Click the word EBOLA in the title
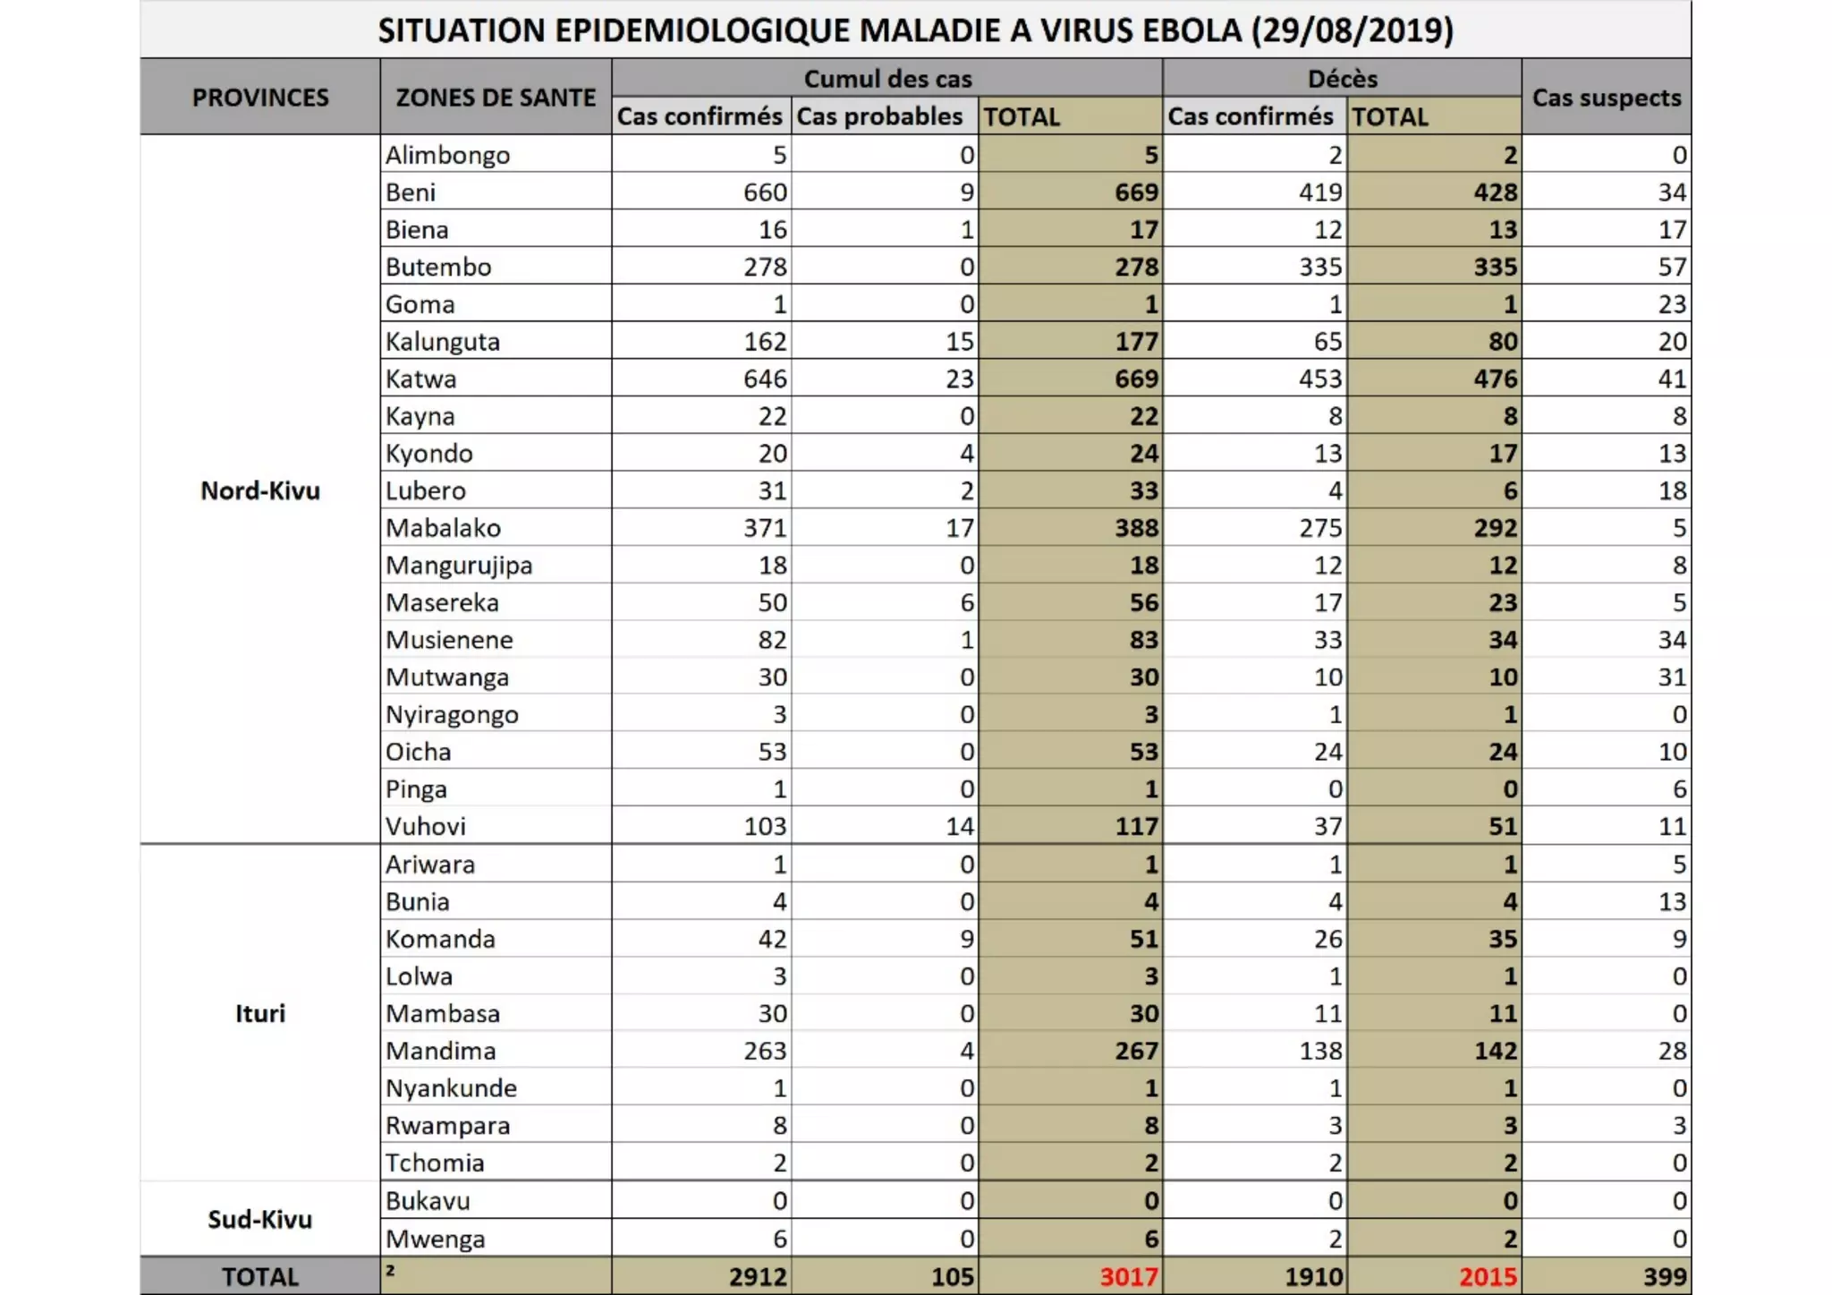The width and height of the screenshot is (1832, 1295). (1183, 30)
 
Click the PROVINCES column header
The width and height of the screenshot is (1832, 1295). (259, 98)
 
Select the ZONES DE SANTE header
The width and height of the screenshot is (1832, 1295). (496, 98)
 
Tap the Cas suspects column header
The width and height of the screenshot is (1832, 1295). (1606, 98)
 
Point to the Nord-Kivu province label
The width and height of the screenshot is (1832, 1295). (259, 490)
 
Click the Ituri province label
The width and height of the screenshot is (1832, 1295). (259, 1013)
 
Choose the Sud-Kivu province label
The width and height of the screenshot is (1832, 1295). (259, 1219)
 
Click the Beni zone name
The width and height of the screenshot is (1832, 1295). (411, 192)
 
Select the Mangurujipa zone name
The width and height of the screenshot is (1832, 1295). (459, 566)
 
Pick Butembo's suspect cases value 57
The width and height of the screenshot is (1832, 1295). (1671, 267)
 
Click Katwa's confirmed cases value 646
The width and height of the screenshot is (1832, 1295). (765, 379)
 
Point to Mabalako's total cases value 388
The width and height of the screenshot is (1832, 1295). (1136, 528)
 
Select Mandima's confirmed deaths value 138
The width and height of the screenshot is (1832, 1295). (1320, 1051)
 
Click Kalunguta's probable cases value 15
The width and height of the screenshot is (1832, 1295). (959, 342)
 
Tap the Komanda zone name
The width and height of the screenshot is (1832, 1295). (440, 939)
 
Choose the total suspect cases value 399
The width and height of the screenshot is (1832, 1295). (1665, 1276)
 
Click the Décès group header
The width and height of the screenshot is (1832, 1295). (1342, 79)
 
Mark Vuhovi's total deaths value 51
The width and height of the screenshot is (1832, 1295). (1503, 826)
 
